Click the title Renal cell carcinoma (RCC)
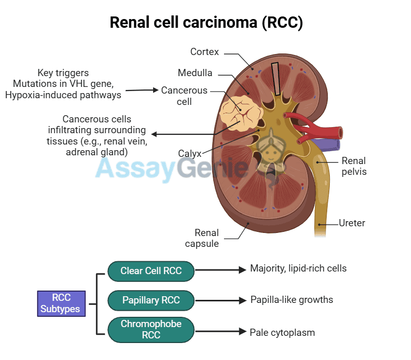click(206, 23)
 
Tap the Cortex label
click(204, 52)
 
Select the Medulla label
click(195, 73)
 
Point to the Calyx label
click(190, 153)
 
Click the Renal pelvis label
click(354, 166)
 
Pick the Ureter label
click(352, 223)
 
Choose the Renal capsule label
click(206, 238)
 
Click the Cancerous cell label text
click(184, 96)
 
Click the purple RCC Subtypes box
click(61, 303)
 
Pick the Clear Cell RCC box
click(151, 271)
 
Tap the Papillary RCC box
click(151, 300)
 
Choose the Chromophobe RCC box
click(151, 329)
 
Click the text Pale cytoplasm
click(282, 333)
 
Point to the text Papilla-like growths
click(292, 299)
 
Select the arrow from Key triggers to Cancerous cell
click(142, 91)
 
